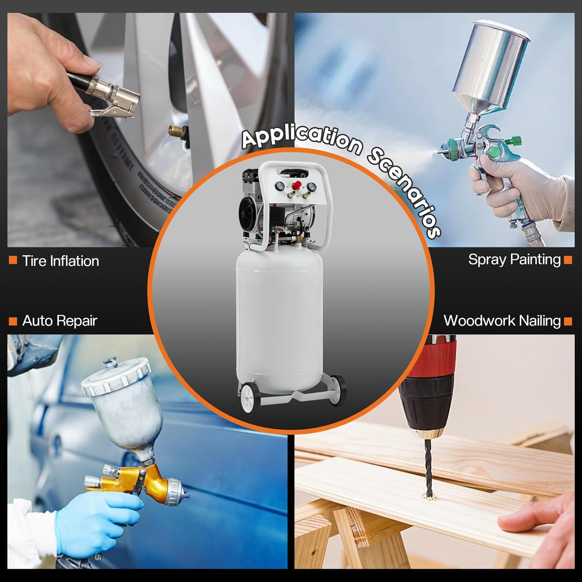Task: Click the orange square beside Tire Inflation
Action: coord(13,260)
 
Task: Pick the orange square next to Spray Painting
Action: coord(568,260)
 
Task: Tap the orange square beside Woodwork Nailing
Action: coord(568,321)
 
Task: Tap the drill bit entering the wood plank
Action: coord(428,468)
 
